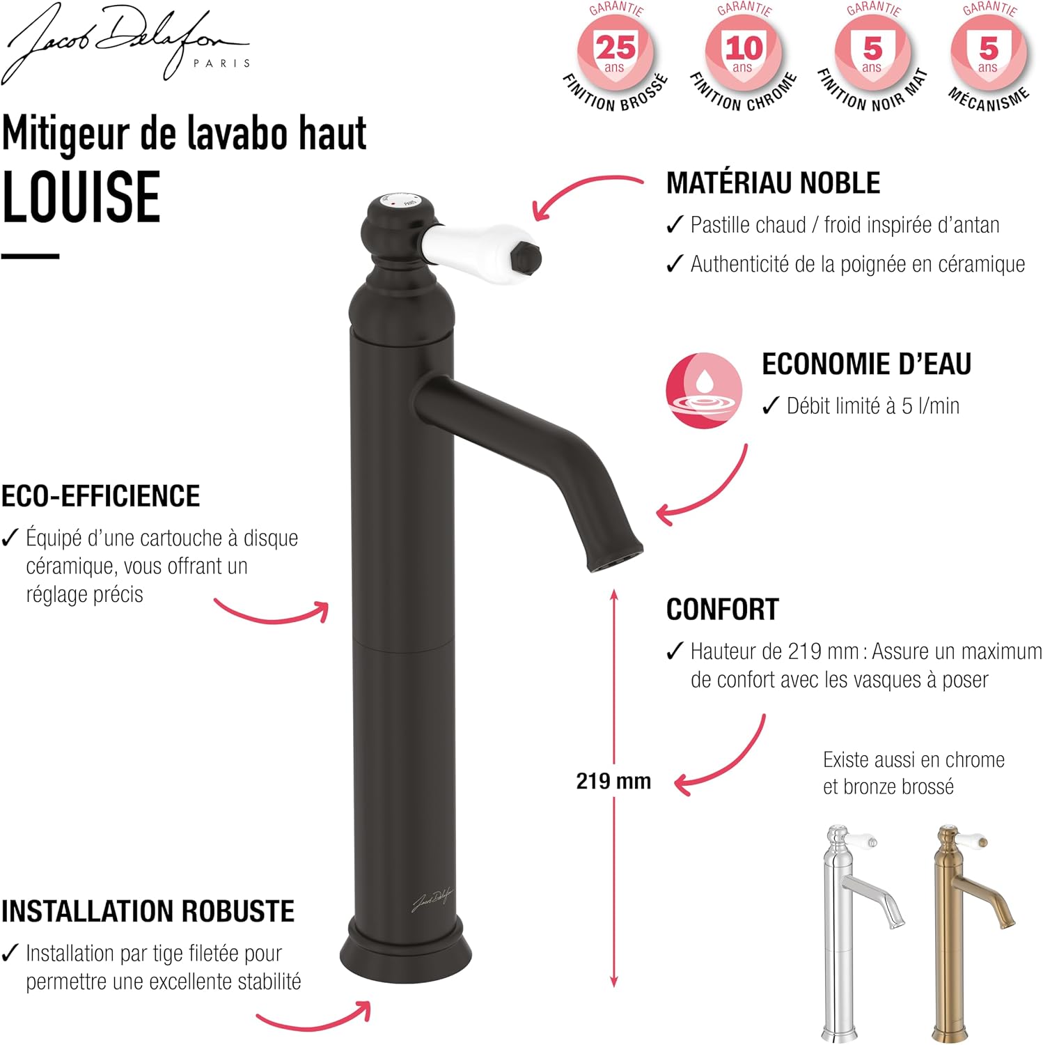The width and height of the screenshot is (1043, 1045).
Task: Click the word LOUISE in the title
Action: tap(81, 197)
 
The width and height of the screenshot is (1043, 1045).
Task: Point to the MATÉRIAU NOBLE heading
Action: tap(773, 183)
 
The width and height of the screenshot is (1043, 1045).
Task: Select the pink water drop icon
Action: tap(703, 390)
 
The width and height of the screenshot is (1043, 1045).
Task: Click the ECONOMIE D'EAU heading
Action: tap(866, 364)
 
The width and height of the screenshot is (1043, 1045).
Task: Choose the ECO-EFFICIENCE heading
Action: tap(101, 496)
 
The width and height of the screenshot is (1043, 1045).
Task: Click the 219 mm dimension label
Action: tap(613, 781)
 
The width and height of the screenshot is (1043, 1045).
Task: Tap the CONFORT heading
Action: tap(723, 610)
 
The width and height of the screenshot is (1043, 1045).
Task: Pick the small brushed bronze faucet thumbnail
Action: tap(972, 934)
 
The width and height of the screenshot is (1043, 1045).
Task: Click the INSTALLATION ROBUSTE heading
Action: tap(148, 911)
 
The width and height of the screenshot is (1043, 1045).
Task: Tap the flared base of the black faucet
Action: tap(406, 959)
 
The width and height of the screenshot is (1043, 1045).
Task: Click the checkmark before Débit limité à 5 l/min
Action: tap(770, 405)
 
